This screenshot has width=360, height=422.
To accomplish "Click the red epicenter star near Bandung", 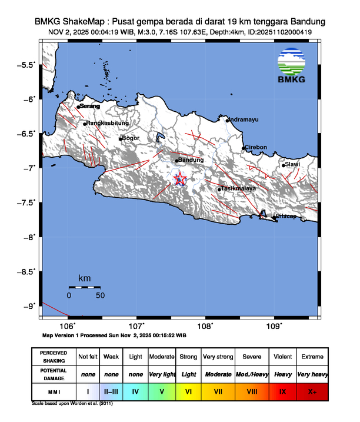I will click(181, 179).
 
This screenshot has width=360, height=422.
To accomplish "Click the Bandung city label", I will click(191, 160).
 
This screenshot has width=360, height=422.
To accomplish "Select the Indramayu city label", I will click(243, 119).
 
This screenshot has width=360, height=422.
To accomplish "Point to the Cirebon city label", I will click(256, 147).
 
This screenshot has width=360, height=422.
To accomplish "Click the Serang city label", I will click(90, 106).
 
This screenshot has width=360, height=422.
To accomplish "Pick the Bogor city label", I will click(130, 138).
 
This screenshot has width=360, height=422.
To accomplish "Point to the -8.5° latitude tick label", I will click(27, 271).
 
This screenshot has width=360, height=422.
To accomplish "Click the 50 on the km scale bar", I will click(100, 295).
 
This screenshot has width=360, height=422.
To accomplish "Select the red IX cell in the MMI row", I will click(282, 390).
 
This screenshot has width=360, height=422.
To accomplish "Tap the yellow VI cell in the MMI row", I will click(188, 390).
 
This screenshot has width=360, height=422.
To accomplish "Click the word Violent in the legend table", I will click(282, 357).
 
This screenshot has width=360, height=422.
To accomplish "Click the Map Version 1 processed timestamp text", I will click(115, 335).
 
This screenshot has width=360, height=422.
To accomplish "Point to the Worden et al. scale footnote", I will click(72, 404).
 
